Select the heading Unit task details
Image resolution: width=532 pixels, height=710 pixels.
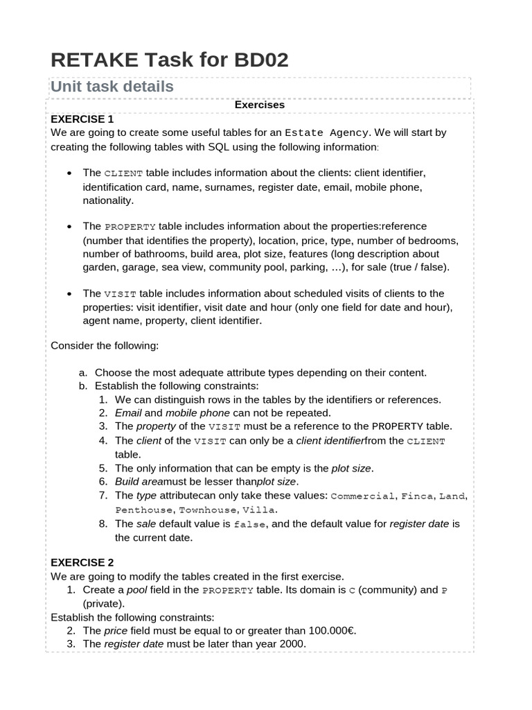point(112,87)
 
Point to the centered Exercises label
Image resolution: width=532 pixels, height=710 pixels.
point(260,105)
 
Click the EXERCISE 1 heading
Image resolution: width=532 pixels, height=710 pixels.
point(82,119)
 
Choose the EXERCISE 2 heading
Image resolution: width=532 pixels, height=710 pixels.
point(82,562)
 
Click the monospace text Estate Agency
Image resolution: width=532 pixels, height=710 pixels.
point(328,132)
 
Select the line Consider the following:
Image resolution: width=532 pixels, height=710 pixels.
point(105,345)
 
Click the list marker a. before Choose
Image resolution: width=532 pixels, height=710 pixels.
point(82,372)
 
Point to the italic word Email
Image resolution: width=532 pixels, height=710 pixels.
point(129,413)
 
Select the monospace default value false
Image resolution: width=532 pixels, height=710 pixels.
point(251,523)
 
